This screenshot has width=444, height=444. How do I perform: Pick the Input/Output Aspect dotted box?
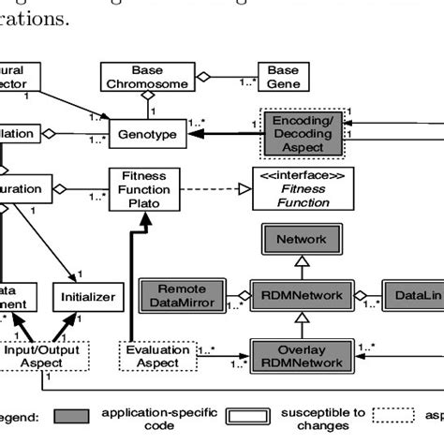(x=44, y=355)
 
